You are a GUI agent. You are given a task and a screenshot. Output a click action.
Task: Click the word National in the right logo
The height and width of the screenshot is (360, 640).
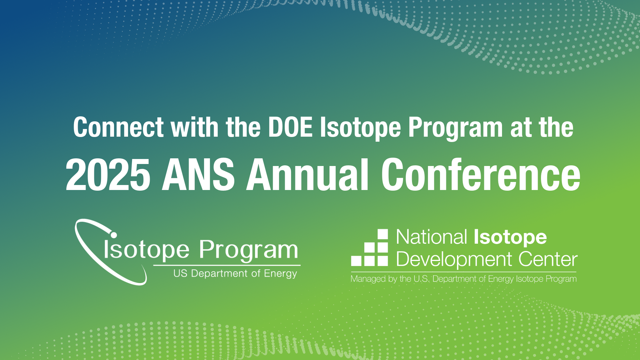click(432, 237)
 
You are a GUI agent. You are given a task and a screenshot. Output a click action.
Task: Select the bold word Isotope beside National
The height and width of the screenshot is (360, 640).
click(510, 238)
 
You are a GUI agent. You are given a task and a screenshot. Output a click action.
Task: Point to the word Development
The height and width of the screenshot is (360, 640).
click(454, 259)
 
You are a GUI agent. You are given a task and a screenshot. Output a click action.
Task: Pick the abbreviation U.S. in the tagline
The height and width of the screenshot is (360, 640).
click(421, 279)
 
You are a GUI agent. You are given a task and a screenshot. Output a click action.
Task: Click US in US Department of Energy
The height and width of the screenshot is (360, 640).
click(180, 273)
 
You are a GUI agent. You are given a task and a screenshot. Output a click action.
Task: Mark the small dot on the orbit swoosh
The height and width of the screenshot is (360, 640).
click(114, 235)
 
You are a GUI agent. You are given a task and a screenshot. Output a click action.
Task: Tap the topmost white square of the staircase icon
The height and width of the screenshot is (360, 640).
click(382, 234)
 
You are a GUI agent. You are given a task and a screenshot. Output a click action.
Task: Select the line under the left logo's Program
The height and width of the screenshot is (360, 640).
click(227, 265)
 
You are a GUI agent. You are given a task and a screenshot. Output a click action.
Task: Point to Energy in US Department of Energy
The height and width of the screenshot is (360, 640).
click(280, 274)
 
